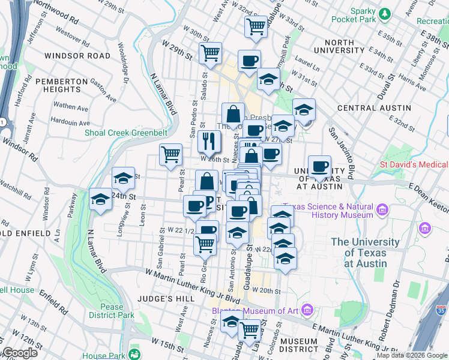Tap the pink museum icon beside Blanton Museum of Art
308,310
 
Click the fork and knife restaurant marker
209,142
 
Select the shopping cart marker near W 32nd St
256,26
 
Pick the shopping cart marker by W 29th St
210,52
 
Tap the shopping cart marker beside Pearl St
170,154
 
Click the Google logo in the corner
19,353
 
